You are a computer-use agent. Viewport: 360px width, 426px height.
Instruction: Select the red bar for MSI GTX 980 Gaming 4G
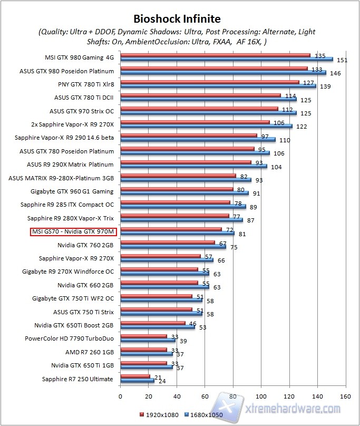[215, 55]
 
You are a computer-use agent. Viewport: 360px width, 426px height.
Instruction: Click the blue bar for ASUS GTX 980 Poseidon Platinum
[223, 72]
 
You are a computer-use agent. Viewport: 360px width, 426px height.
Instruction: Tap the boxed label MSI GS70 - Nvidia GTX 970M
[74, 231]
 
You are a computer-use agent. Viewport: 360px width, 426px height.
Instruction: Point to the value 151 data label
[340, 60]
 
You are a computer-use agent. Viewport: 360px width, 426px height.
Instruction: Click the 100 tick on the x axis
[261, 396]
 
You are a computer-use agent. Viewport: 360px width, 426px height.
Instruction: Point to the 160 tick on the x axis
[345, 396]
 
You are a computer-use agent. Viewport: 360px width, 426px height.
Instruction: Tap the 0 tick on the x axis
[121, 396]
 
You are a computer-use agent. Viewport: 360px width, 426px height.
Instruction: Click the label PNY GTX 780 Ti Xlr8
[86, 83]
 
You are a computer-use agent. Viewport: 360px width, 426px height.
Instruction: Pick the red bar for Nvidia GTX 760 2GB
[168, 243]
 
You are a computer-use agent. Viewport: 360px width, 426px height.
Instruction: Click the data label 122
[301, 127]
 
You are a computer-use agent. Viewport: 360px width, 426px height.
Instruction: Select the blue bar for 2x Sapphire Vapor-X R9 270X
[206, 126]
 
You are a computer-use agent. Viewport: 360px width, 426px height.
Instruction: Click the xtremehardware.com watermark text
[294, 409]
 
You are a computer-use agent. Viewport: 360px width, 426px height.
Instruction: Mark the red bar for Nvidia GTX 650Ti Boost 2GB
[153, 323]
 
